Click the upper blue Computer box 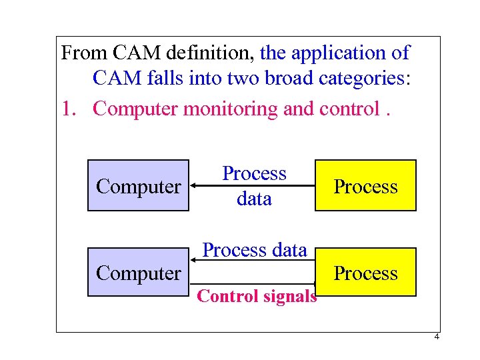138,187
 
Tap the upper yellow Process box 365,187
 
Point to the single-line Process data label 254,250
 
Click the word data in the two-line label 254,199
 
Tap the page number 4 436,337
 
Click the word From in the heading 82,52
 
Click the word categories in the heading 359,79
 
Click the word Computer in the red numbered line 135,108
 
